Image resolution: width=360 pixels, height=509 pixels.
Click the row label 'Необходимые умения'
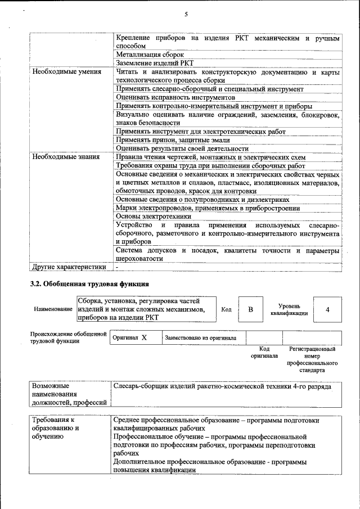pos(66,72)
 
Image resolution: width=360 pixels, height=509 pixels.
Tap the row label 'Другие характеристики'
pos(69,267)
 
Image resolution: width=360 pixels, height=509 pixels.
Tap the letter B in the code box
pos(251,309)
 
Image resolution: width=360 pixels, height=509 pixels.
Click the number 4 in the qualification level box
pos(327,309)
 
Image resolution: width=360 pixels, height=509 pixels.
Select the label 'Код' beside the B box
pos(226,309)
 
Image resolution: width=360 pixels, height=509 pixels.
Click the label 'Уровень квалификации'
pos(289,309)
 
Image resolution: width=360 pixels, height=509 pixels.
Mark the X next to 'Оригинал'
pos(144,337)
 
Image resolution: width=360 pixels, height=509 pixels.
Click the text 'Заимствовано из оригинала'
pos(200,338)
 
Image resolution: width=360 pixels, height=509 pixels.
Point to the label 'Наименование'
pos(53,310)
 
